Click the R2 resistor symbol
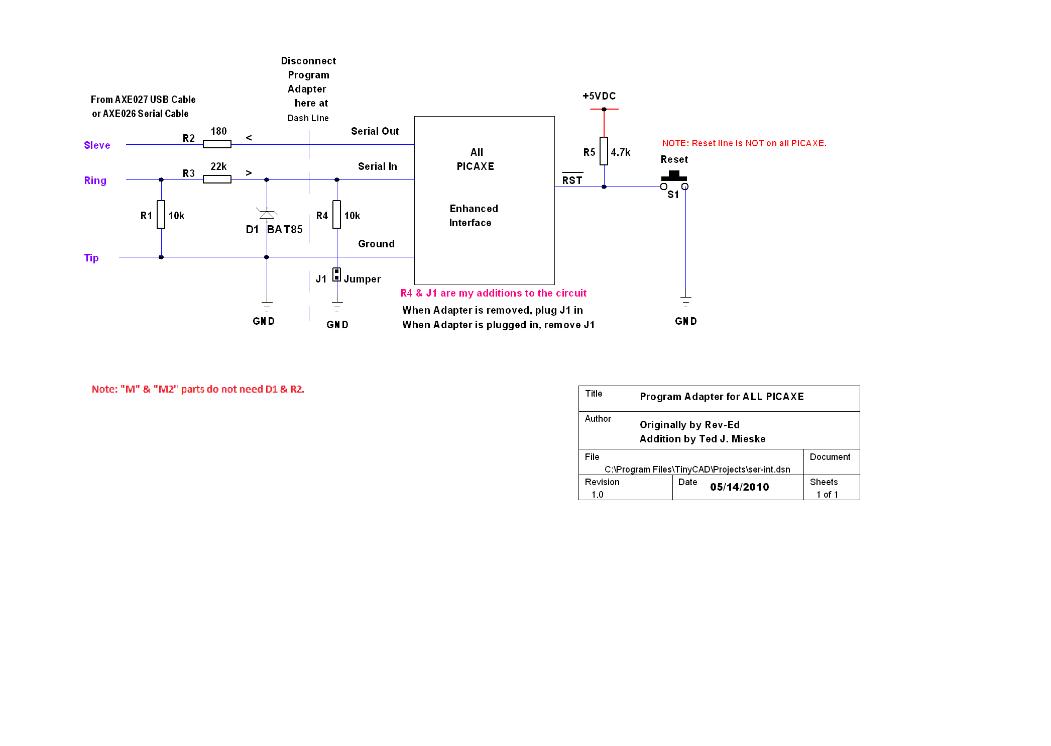[217, 144]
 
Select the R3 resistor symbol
[217, 179]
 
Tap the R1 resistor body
[161, 215]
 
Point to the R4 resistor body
[337, 215]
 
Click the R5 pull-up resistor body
[604, 151]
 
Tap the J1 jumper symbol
[337, 274]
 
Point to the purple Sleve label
[97, 145]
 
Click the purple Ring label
[95, 180]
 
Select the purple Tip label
[91, 258]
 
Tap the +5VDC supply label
[599, 96]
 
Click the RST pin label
[572, 180]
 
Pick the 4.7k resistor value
[621, 152]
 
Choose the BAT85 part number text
[285, 230]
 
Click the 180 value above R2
[218, 131]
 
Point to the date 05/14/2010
[740, 487]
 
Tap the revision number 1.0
[598, 495]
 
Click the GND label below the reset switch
[686, 321]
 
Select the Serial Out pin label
[375, 131]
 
